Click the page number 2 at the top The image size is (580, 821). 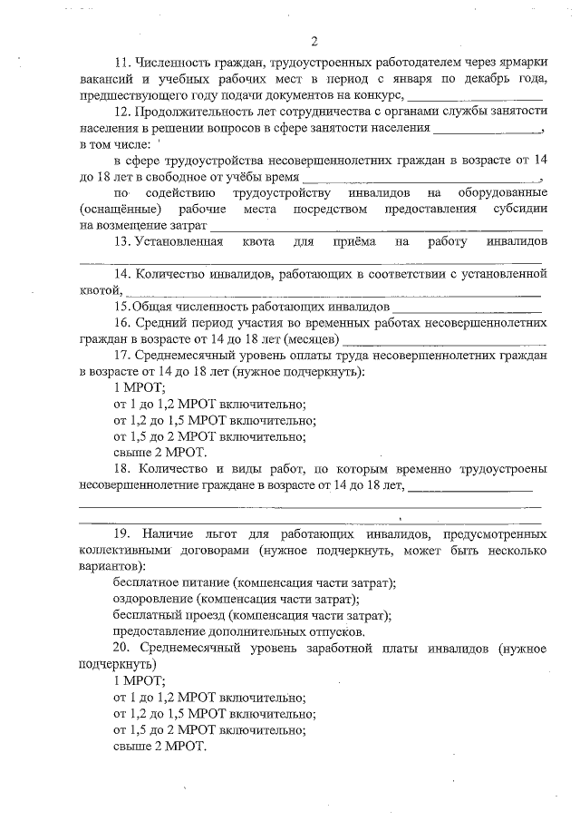click(314, 42)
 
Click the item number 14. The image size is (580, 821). click(121, 274)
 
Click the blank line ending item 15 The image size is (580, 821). click(462, 308)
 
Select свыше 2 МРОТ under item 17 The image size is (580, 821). click(159, 452)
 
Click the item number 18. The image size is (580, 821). click(121, 469)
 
